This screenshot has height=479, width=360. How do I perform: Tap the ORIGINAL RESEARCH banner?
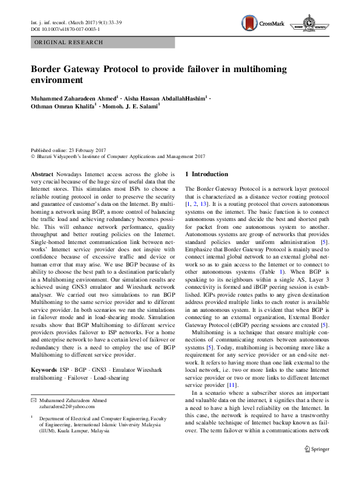[68, 42]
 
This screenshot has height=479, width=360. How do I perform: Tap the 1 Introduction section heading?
[206, 174]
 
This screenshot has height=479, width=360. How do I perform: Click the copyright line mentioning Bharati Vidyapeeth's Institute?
[118, 156]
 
